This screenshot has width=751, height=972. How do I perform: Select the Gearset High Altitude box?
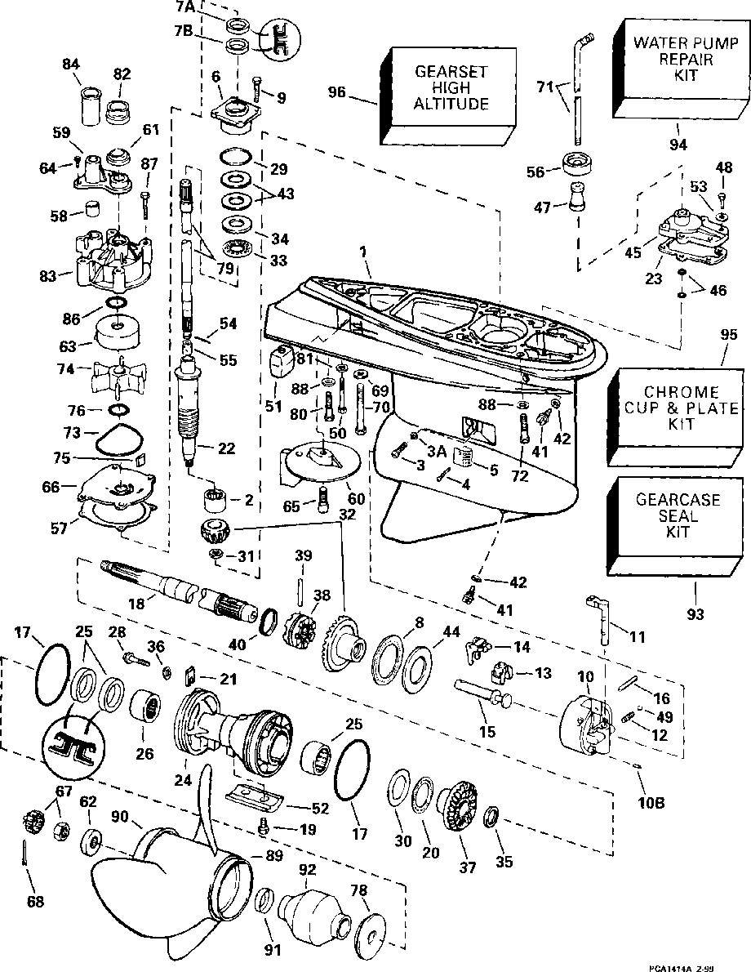click(450, 88)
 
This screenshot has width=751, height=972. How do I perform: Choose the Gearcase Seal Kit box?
click(667, 516)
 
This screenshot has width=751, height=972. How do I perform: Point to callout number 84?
click(74, 65)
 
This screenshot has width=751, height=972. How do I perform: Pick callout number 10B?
click(651, 802)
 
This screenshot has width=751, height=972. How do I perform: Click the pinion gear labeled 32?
click(216, 531)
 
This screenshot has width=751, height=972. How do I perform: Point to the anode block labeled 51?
click(280, 360)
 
